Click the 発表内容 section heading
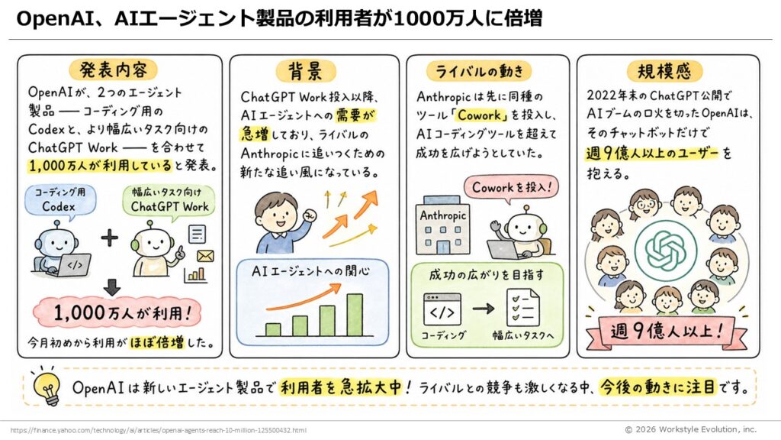point(113,70)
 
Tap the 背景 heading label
point(306,71)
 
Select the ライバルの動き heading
point(479,71)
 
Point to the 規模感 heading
point(664,71)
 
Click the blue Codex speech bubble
point(59,201)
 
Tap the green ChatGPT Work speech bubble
point(169,202)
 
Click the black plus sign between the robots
point(110,238)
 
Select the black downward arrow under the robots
point(112,287)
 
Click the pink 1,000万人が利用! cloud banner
point(117,313)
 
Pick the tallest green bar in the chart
point(355,315)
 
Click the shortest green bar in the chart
point(273,329)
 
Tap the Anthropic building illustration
point(442,225)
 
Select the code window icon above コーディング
point(442,309)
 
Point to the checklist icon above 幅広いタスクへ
point(523,307)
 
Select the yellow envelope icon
point(205,256)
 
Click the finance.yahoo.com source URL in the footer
point(159,430)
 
